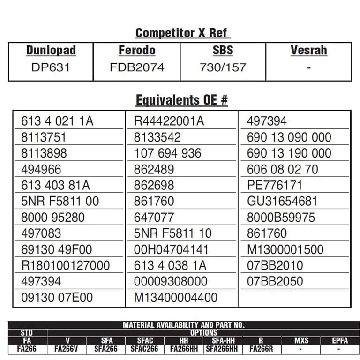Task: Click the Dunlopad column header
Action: point(51,51)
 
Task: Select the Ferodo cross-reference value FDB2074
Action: point(137,67)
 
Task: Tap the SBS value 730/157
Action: point(223,67)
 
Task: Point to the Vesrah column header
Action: point(308,51)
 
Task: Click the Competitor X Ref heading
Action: point(182,33)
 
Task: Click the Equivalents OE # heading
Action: point(182,100)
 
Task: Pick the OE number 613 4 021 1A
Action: point(57,121)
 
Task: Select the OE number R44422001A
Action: point(169,121)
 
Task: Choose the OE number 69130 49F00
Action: point(57,249)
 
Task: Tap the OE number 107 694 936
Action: point(167,153)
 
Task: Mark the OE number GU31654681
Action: point(282,202)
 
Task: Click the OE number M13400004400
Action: point(176,298)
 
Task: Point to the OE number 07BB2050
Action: point(275,281)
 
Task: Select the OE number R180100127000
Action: point(66,265)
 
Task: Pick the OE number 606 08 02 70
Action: point(283,169)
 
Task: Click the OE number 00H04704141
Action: point(171,249)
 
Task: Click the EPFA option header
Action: point(340,341)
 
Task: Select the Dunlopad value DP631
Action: point(51,67)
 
